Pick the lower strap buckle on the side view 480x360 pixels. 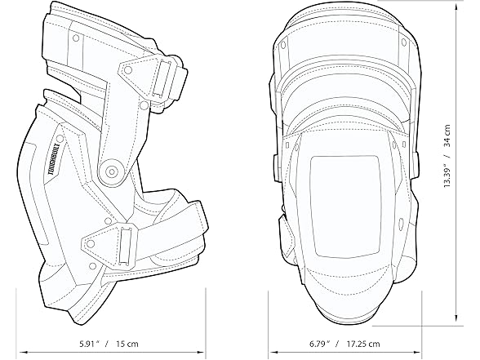click(127, 242)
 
